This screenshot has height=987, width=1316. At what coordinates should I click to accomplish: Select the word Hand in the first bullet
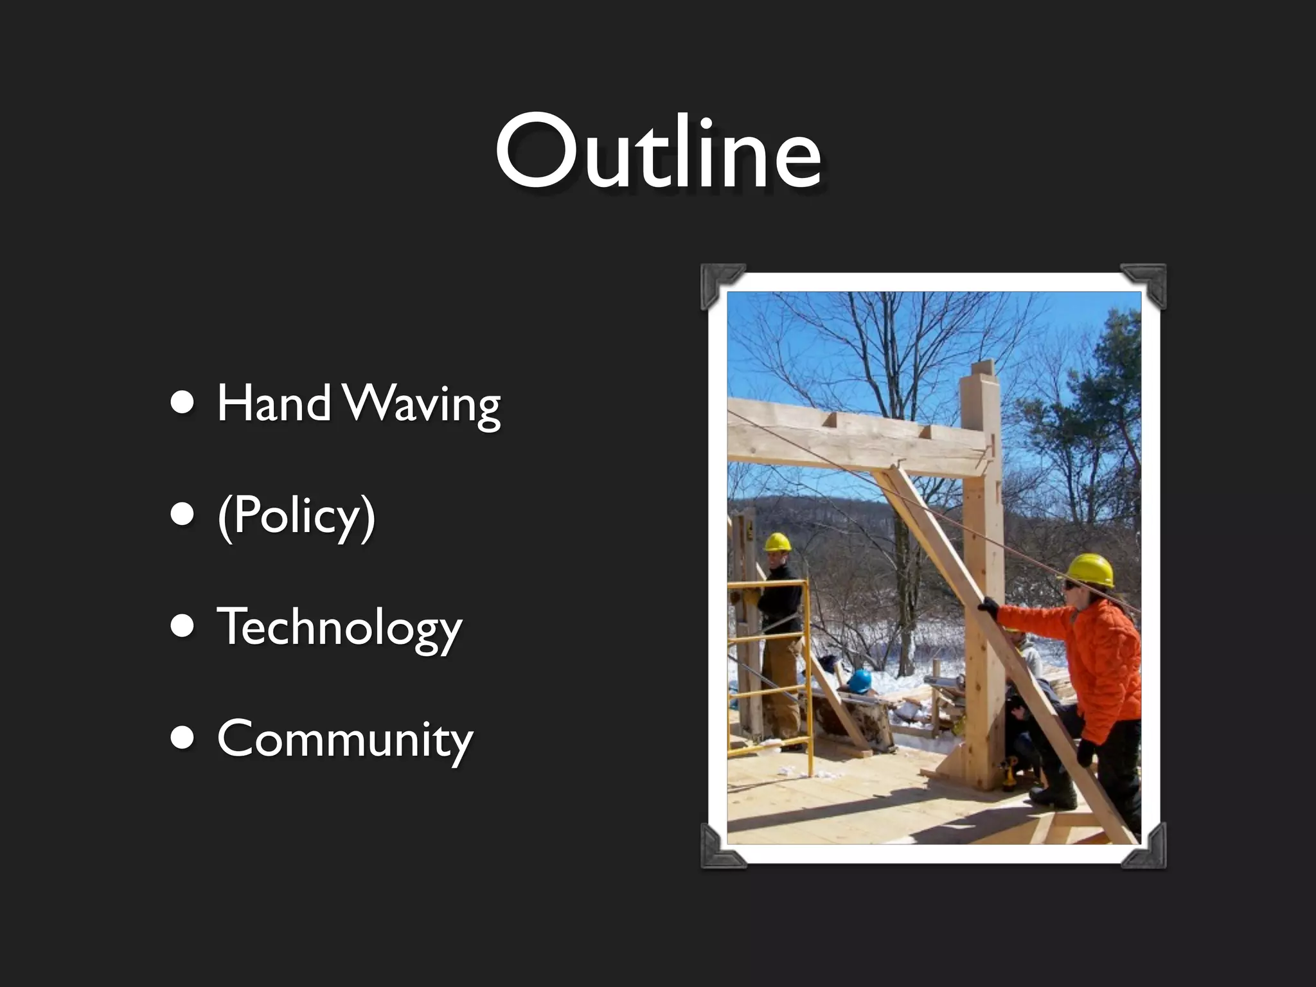pyautogui.click(x=273, y=403)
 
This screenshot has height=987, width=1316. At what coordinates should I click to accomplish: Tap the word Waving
pyautogui.click(x=422, y=405)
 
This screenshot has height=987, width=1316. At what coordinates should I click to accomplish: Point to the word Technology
pyautogui.click(x=339, y=628)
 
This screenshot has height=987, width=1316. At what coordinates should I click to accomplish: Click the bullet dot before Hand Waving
pyautogui.click(x=182, y=404)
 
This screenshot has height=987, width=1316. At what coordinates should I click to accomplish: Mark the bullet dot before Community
pyautogui.click(x=182, y=739)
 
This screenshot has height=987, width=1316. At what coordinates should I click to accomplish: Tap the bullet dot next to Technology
pyautogui.click(x=182, y=627)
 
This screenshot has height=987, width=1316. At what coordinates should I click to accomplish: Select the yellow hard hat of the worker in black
pyautogui.click(x=778, y=542)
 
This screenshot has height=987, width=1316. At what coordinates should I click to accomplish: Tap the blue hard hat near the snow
pyautogui.click(x=859, y=680)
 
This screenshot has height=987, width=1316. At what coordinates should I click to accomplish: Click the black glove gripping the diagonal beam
pyautogui.click(x=988, y=607)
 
